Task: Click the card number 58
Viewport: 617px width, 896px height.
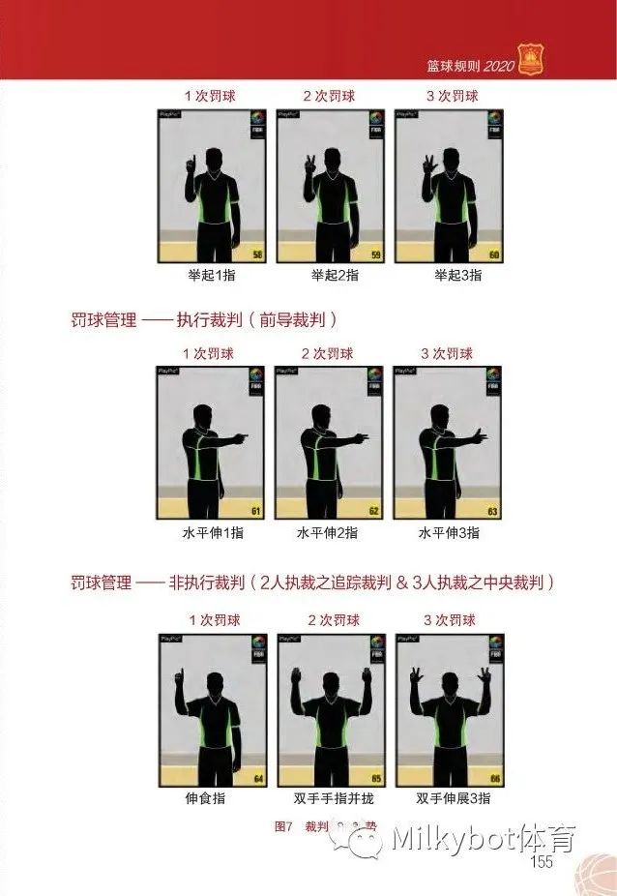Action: pos(257,255)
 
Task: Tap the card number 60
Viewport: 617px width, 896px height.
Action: pos(493,255)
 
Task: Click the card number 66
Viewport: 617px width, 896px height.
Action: pos(494,778)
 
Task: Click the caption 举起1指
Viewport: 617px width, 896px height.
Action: pos(212,275)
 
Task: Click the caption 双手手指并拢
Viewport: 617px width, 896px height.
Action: pos(330,799)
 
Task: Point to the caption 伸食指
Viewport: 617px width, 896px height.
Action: pos(211,799)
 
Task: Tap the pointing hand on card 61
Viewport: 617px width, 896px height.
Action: pos(241,438)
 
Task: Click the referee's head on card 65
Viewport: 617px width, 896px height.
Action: pos(330,679)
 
